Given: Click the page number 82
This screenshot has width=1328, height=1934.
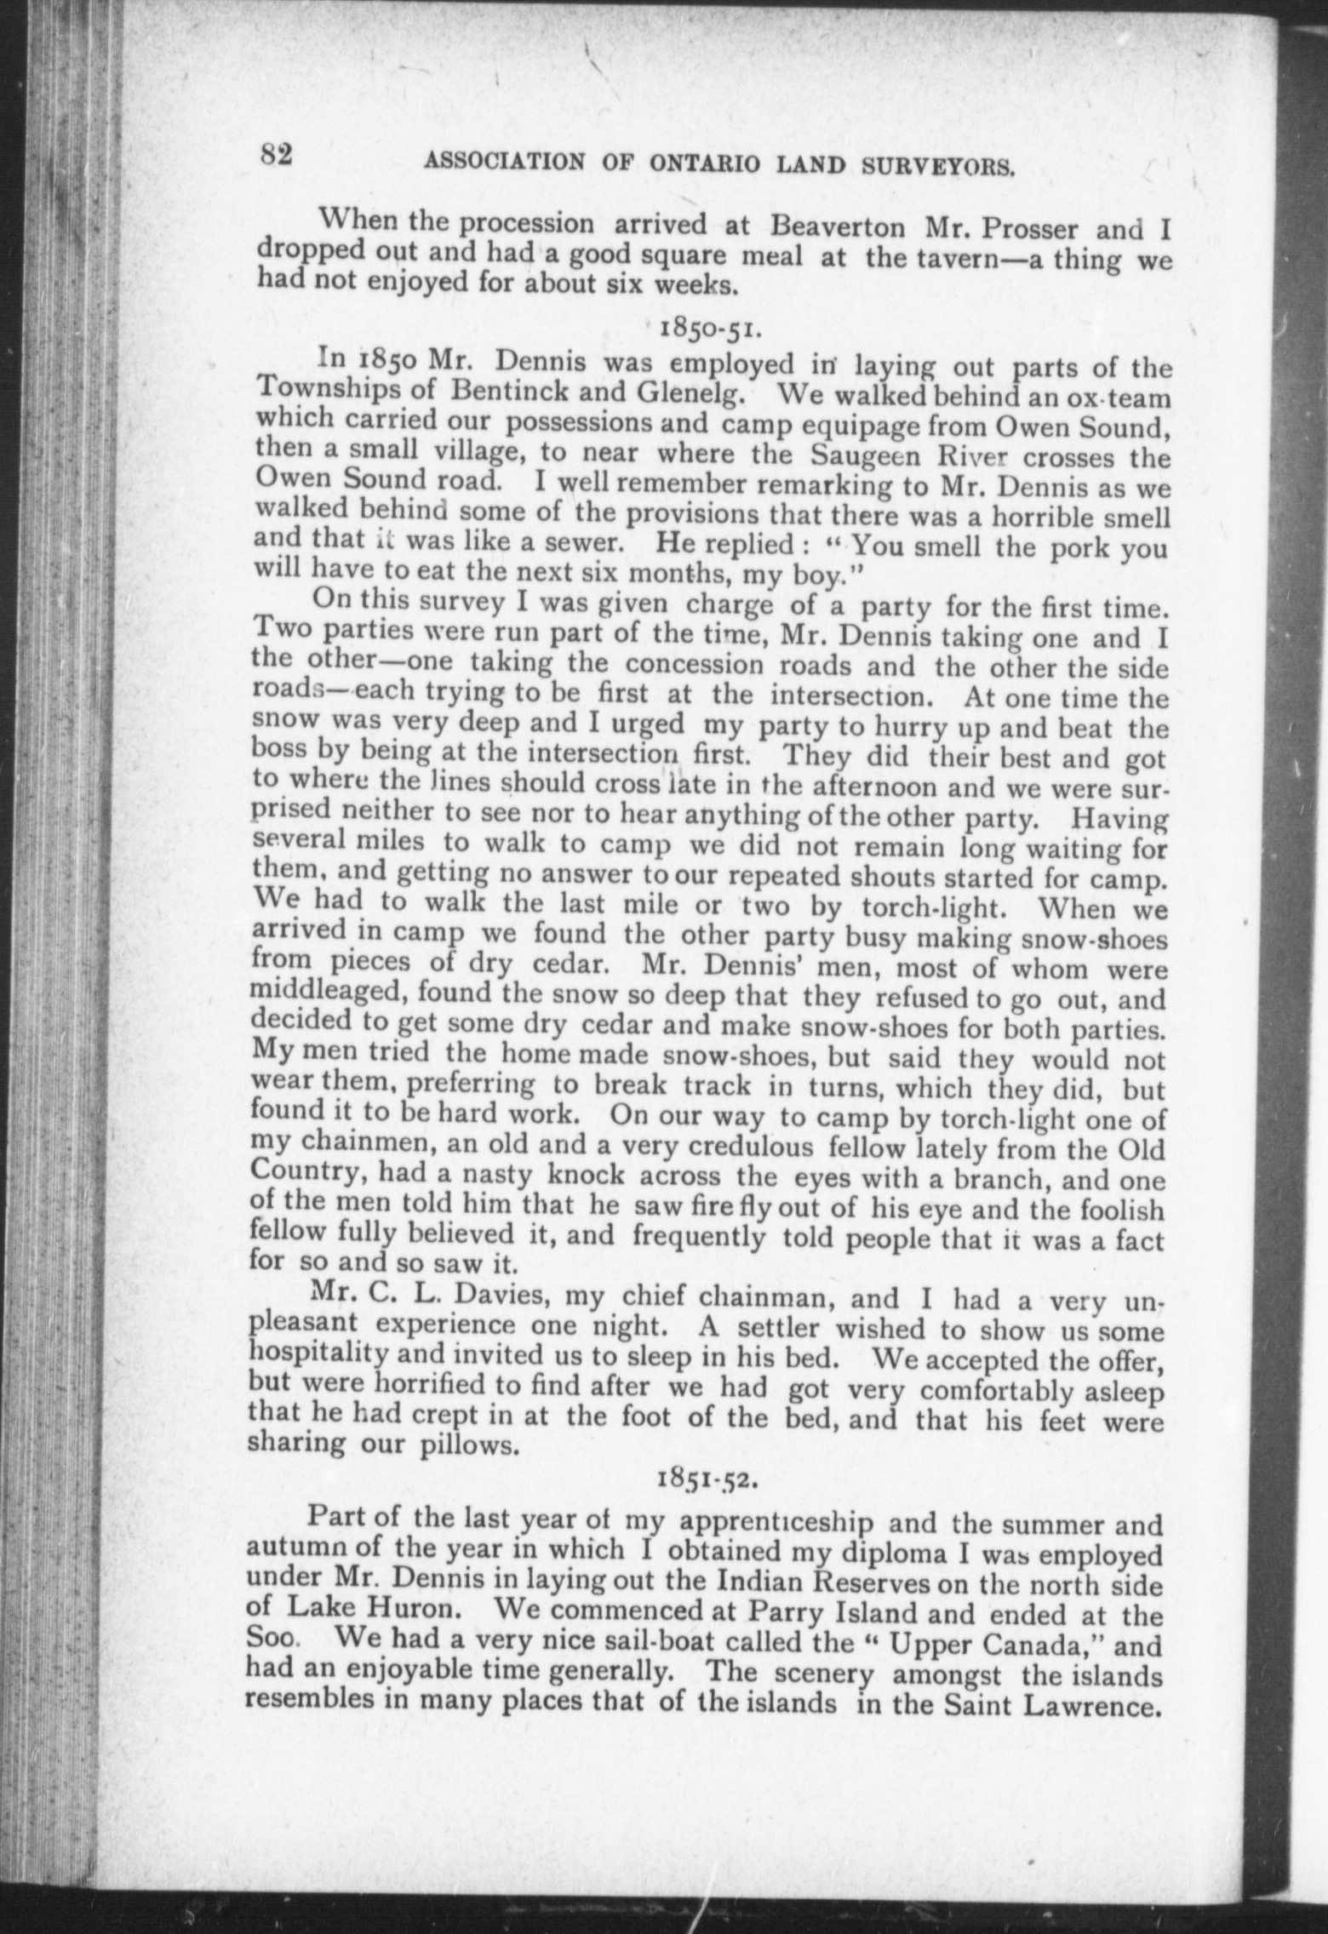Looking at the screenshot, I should (x=277, y=156).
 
